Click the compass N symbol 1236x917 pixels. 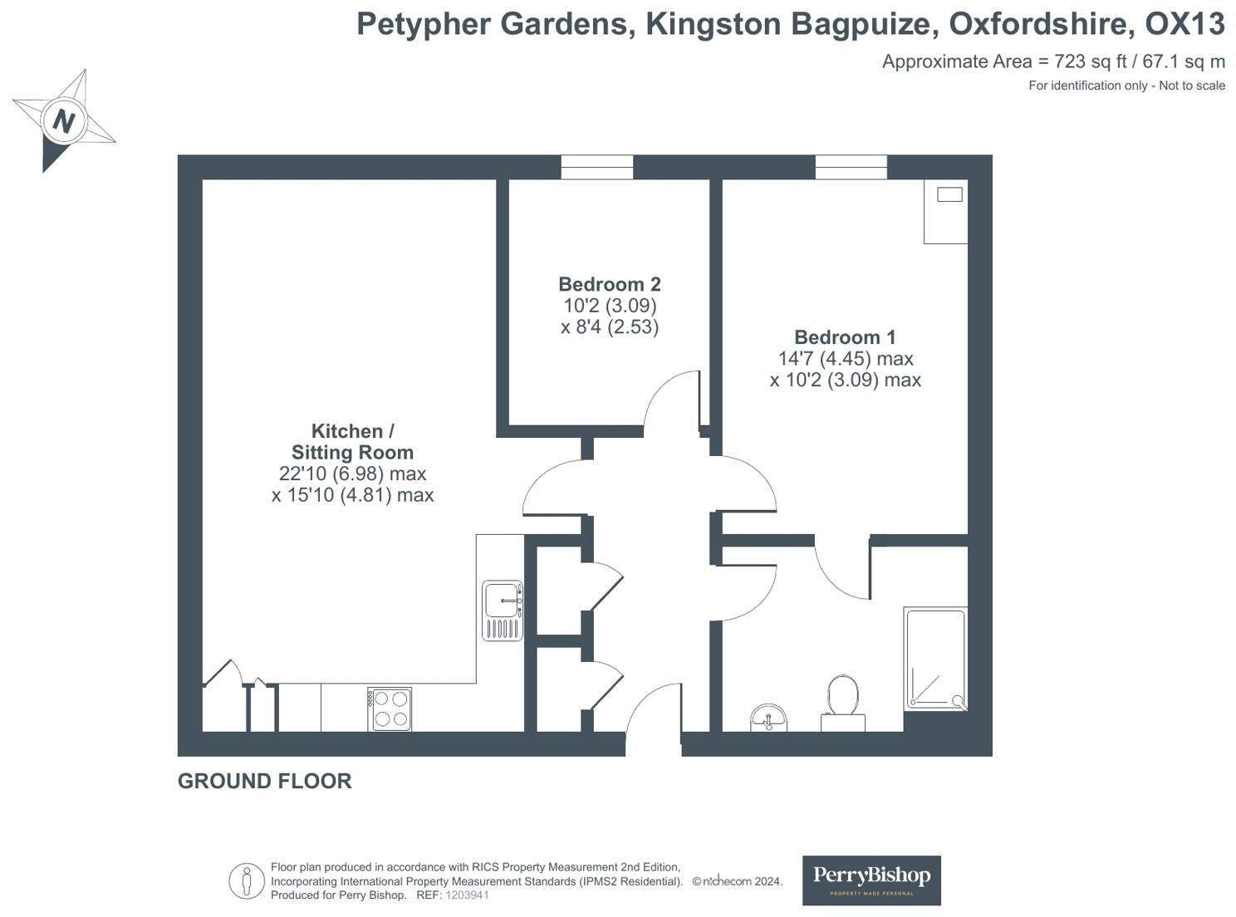click(63, 121)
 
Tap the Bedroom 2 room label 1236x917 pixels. click(609, 285)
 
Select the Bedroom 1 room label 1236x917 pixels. click(845, 337)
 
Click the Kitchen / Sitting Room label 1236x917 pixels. click(352, 442)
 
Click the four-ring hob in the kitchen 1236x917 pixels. click(390, 709)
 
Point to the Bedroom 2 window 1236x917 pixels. click(596, 167)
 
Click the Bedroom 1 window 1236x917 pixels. click(851, 167)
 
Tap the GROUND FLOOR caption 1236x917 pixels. click(264, 781)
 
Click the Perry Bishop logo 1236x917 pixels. click(871, 880)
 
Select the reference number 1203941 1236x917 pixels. click(467, 895)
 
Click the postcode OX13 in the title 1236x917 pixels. click(1184, 25)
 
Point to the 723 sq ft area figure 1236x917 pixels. click(1084, 61)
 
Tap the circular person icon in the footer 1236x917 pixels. click(246, 881)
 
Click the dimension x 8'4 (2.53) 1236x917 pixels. click(609, 327)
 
